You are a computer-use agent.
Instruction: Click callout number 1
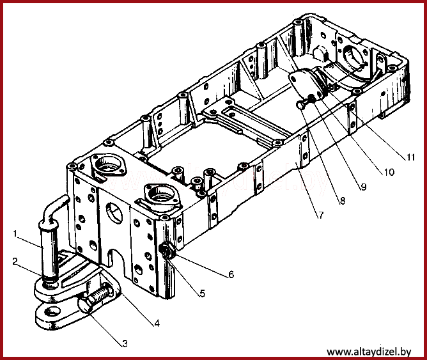[x=15, y=233]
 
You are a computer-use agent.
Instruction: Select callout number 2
[x=15, y=262]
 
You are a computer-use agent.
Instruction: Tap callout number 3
[x=125, y=344]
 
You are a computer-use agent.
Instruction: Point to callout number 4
[x=157, y=324]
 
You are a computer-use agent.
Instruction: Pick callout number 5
[x=202, y=293]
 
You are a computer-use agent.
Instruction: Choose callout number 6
[x=231, y=274]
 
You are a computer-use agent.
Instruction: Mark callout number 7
[x=321, y=215]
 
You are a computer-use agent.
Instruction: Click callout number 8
[x=343, y=201]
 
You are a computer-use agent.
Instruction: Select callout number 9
[x=364, y=187]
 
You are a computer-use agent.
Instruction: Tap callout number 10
[x=389, y=172]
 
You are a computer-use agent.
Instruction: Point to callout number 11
[x=410, y=157]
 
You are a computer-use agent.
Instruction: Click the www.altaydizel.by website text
[x=369, y=352]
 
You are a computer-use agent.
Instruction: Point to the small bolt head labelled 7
[x=301, y=104]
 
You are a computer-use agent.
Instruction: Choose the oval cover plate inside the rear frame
[x=305, y=83]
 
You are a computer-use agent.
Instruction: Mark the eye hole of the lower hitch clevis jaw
[x=54, y=311]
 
